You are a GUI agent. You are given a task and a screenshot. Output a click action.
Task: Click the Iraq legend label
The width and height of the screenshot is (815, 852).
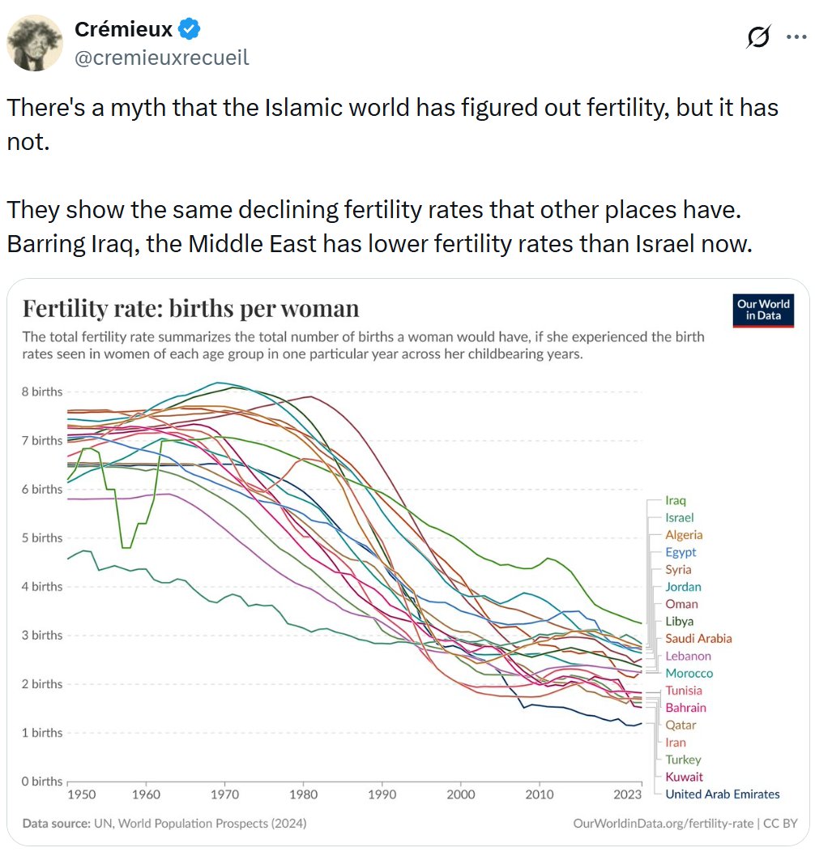[676, 500]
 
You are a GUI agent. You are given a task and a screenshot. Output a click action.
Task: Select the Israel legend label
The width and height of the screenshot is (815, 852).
[679, 518]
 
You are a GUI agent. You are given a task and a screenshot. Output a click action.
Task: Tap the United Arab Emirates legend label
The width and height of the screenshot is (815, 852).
[722, 794]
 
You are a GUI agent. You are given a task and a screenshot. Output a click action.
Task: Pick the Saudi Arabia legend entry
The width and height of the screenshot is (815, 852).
[698, 639]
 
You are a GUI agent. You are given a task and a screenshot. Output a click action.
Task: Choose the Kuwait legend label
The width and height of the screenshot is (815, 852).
[684, 777]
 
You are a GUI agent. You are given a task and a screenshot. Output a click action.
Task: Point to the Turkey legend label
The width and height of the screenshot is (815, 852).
[683, 760]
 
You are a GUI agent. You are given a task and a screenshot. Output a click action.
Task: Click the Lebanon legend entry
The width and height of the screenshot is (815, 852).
[688, 656]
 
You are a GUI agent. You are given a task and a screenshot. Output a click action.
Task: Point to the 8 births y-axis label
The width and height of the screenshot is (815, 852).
[42, 392]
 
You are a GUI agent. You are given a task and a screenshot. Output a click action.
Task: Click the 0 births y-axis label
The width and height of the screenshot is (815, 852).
[42, 781]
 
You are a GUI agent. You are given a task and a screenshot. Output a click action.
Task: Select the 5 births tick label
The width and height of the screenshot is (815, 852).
[42, 538]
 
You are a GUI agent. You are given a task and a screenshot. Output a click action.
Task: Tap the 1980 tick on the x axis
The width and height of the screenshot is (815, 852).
[304, 794]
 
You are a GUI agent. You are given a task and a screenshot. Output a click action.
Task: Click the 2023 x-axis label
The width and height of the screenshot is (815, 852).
[628, 794]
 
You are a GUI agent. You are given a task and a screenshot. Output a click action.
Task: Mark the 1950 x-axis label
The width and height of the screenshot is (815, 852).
[82, 794]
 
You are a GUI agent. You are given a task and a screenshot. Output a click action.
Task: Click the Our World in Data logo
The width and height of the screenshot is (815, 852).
[763, 310]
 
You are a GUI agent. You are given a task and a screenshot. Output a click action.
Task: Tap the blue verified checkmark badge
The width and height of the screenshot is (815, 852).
[189, 29]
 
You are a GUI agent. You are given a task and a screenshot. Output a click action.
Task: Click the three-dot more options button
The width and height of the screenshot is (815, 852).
[796, 37]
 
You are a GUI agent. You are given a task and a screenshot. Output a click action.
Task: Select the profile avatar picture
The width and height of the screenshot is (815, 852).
[35, 43]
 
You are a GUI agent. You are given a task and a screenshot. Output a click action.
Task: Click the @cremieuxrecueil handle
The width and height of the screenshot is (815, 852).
[162, 58]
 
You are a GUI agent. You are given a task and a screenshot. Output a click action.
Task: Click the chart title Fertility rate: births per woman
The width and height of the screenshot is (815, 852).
[190, 309]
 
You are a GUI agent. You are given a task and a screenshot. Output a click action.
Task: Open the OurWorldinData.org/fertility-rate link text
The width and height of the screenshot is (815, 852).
[663, 824]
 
